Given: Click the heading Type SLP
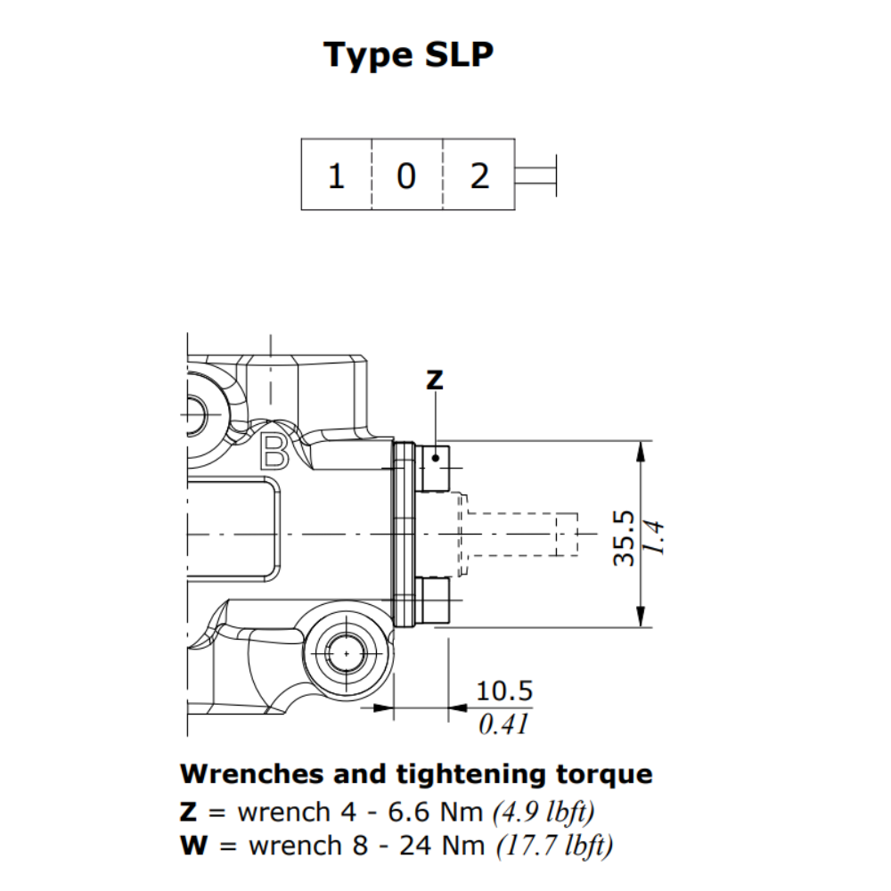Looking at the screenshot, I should tap(409, 54).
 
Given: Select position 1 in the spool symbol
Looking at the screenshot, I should tap(336, 176).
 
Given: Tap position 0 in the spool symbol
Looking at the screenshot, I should tap(406, 176).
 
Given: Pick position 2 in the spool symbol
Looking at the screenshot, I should tap(479, 176).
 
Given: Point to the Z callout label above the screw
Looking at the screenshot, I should tap(434, 380).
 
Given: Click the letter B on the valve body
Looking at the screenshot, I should tap(274, 453).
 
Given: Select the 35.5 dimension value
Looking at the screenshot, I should tap(625, 537).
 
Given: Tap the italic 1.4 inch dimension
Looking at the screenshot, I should tap(655, 537).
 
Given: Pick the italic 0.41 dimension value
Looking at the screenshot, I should tap(503, 724).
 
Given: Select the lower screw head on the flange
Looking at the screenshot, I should tap(435, 601).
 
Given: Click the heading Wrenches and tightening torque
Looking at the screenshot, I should tap(416, 773).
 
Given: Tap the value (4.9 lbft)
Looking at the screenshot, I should tap(544, 812).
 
